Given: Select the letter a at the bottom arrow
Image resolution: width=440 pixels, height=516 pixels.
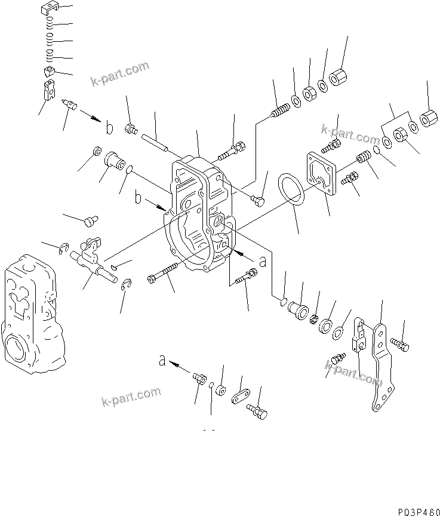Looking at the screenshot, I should point(161,361).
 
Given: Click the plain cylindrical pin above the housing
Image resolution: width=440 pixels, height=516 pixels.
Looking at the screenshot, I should point(156,143).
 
